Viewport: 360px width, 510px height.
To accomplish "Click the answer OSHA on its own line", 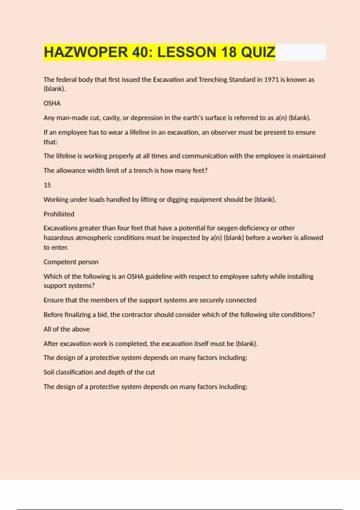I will (x=52, y=103).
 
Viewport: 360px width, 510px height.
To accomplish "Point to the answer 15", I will (x=47, y=185).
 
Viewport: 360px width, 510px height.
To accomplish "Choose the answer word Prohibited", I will (x=59, y=214).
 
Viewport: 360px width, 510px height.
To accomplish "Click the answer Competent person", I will (x=71, y=262).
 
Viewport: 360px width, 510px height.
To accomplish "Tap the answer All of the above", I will (x=67, y=329).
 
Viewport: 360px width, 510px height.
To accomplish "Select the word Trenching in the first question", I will (x=213, y=79).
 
